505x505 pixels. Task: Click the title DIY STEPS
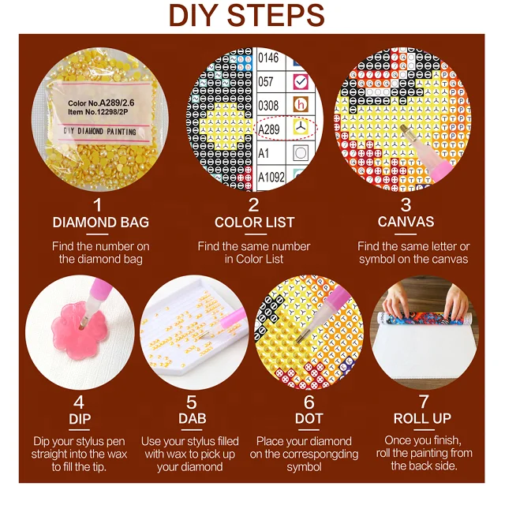click(247, 15)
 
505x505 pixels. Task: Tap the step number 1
click(97, 205)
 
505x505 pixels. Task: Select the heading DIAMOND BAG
click(101, 223)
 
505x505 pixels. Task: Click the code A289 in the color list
click(269, 129)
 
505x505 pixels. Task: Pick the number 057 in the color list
click(266, 82)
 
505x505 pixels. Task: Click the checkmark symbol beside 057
click(301, 82)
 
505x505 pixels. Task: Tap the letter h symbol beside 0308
click(301, 105)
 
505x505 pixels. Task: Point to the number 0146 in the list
click(268, 58)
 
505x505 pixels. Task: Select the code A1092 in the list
click(271, 177)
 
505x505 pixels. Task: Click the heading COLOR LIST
click(254, 223)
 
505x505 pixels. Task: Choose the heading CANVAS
click(406, 222)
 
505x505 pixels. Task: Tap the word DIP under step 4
click(80, 419)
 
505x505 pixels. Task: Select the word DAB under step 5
click(193, 419)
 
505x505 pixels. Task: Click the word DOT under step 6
click(309, 419)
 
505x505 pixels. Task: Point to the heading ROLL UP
click(422, 419)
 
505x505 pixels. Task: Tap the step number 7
click(424, 402)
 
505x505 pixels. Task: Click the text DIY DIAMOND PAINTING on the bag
click(100, 131)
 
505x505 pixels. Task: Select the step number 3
click(406, 205)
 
